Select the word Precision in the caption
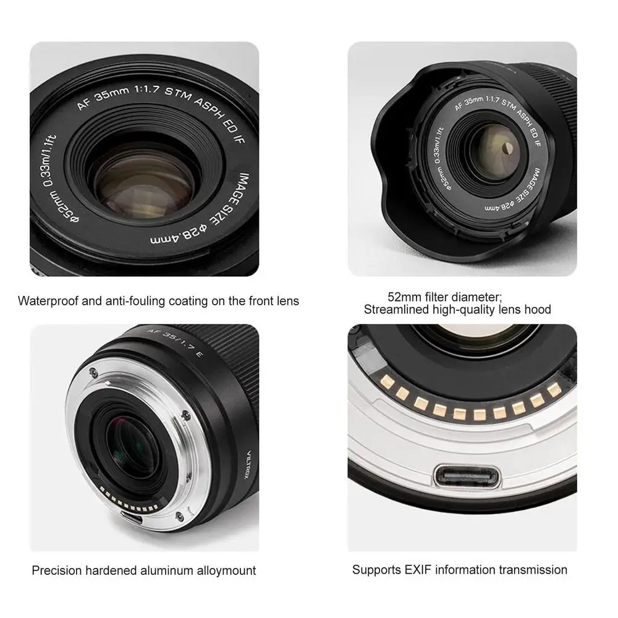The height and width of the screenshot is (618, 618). [56, 570]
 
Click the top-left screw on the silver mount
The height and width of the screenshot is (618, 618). [92, 372]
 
